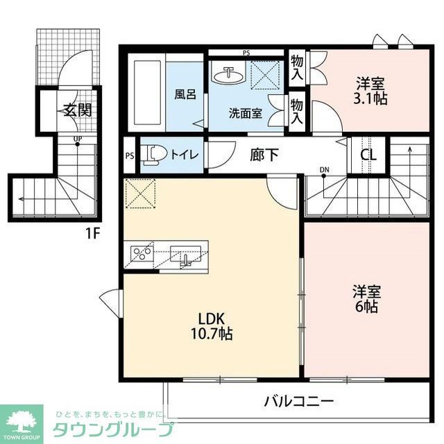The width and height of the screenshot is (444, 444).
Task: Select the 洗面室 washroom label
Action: click(246, 112)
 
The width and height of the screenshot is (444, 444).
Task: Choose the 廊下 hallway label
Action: click(264, 155)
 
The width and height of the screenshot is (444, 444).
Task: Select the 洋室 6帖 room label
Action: click(365, 298)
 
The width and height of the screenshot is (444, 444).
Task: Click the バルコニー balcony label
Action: click(299, 401)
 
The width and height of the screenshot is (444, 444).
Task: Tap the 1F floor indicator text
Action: click(93, 233)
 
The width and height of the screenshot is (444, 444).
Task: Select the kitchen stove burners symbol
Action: click(142, 253)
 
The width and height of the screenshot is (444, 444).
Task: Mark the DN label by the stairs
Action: click(325, 169)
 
